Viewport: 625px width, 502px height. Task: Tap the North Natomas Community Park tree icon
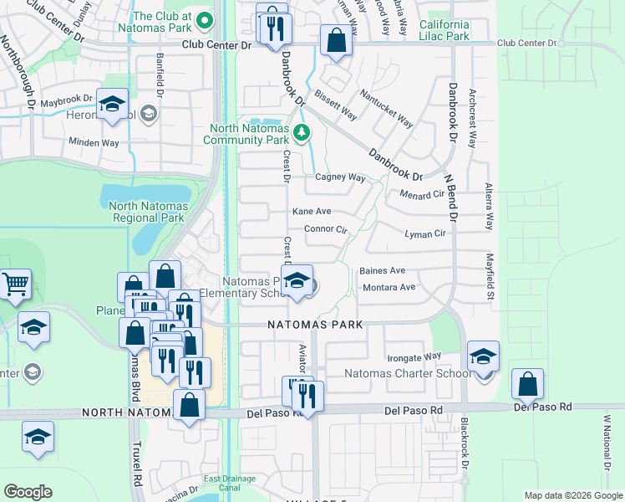[302, 131]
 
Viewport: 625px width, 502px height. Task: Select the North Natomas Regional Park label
[147, 212]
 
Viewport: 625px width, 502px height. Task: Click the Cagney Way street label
[340, 177]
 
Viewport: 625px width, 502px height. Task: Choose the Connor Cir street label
[325, 228]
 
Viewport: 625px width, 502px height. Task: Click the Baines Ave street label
[382, 271]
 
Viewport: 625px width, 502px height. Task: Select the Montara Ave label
[389, 288]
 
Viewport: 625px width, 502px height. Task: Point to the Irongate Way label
[414, 356]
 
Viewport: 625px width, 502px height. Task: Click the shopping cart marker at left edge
[15, 285]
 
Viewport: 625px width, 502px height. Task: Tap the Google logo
[28, 491]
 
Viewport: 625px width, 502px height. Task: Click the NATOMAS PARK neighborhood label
[315, 325]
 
